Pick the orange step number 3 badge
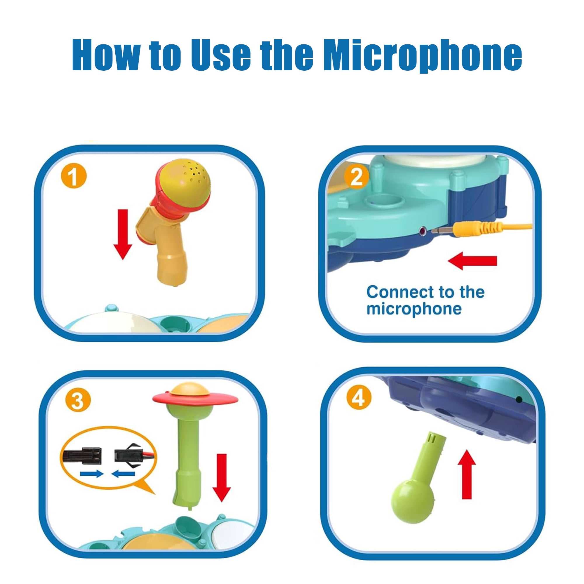(77, 401)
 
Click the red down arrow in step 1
(123, 234)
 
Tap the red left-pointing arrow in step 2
(472, 261)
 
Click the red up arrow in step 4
(467, 474)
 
